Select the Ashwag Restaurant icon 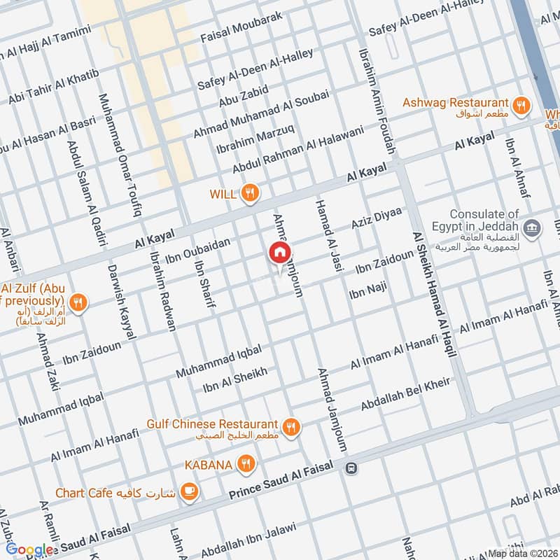coord(520,106)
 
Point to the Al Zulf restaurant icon coord(78,303)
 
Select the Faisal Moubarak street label coord(241,27)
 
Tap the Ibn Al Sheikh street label coord(234,381)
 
